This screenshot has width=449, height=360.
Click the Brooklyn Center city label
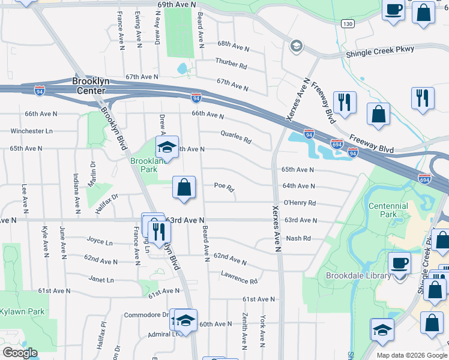click(89, 86)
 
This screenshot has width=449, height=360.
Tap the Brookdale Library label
click(358, 275)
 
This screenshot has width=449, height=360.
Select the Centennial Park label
click(388, 210)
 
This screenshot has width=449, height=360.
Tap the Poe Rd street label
click(224, 187)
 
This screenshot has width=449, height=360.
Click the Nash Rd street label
click(298, 238)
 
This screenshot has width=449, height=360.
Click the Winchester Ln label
click(32, 131)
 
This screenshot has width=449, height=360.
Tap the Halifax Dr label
click(107, 196)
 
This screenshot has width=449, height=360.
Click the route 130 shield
click(348, 24)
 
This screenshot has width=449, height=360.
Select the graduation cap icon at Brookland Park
click(167, 147)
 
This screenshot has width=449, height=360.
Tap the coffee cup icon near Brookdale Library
click(400, 262)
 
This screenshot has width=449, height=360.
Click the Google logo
click(20, 353)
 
